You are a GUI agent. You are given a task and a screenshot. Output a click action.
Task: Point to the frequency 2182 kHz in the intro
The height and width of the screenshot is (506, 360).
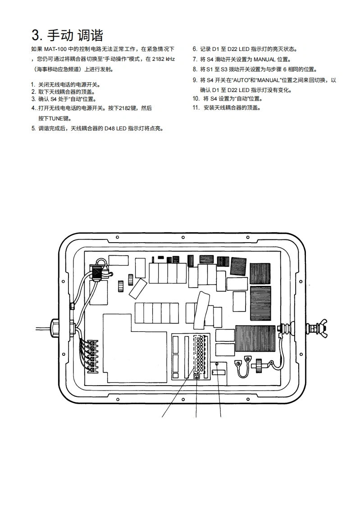(162, 59)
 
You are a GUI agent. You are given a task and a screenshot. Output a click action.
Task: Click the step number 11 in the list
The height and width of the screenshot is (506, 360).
(196, 108)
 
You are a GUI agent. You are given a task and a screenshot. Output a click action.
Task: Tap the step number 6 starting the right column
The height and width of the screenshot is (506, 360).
(194, 49)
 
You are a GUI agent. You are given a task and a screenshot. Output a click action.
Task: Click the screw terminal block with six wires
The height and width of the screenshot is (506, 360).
(93, 356)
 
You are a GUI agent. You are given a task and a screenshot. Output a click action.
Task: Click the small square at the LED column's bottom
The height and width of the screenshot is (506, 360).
(197, 376)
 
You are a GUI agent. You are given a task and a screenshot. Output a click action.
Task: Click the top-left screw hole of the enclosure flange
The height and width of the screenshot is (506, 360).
(117, 237)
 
